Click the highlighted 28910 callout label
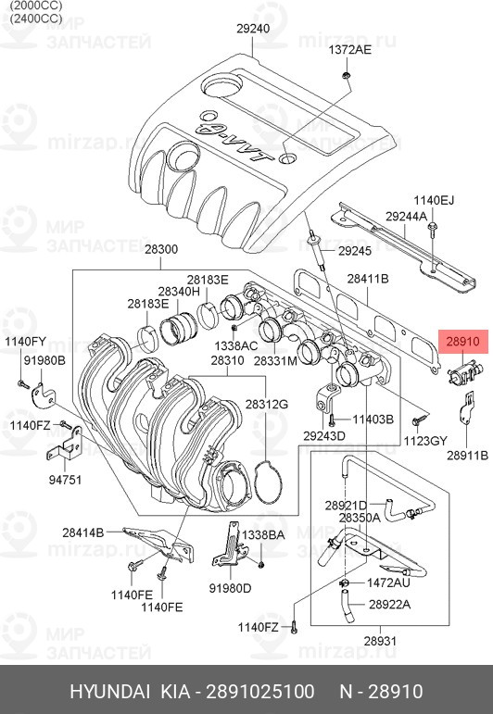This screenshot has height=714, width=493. pos(463,342)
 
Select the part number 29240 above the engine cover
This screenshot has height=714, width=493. pos(253,29)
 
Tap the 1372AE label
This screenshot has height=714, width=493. pos(350,50)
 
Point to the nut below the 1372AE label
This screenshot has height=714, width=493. pos(347,75)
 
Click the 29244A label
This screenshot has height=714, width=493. pos(407,217)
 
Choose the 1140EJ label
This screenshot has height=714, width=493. pos(434,200)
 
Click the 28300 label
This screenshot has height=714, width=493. pos(161,249)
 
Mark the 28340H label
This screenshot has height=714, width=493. pos(179,292)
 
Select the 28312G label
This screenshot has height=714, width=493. pos(267,404)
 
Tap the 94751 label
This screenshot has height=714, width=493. pos(65,480)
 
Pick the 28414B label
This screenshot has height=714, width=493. pos(82,532)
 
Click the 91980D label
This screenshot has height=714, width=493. pos(230,588)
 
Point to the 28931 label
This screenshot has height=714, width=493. pos(381,641)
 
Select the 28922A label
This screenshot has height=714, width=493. pos(389,604)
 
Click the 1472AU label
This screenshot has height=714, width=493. pos(388,582)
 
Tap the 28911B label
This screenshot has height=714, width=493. pos(467,455)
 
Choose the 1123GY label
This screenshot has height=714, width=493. pos(425,441)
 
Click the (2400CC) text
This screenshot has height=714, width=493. pos(36,19)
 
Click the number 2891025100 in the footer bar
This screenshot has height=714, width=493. pos(260,691)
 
